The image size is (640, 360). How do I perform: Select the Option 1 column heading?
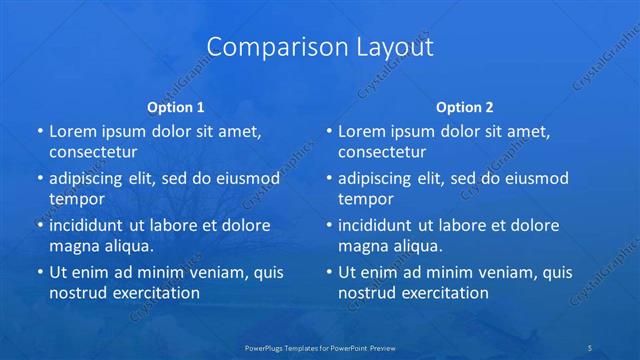tap(176, 106)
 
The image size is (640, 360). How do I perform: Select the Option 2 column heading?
tap(465, 106)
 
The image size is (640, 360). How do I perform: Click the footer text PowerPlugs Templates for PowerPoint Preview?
tap(320, 348)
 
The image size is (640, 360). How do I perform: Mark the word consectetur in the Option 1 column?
tap(93, 152)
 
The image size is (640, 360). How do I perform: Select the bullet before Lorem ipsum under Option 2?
tap(328, 131)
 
